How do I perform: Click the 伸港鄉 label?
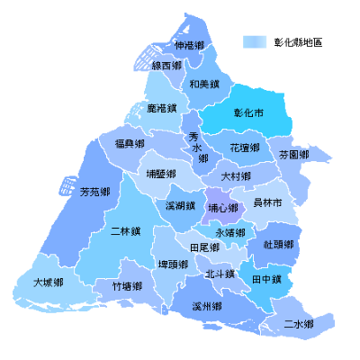190,45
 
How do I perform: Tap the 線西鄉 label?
166,66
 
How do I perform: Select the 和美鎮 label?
204,85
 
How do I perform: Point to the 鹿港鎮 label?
161,108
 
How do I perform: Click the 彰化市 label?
248,114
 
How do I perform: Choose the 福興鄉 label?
130,144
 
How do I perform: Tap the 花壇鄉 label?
245,147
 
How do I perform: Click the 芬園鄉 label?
294,155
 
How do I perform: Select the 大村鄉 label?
236,176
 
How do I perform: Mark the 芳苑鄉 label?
94,193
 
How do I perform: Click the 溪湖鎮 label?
181,206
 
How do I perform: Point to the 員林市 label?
267,203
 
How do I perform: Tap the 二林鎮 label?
125,231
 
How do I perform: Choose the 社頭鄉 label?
278,244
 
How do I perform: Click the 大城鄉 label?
48,283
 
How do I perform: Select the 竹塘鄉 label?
127,286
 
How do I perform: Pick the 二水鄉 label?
298,323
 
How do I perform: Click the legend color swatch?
256,41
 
